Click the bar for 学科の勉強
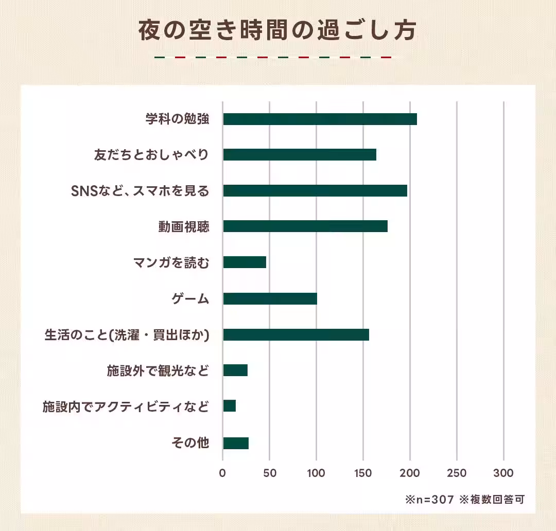pyautogui.click(x=320, y=119)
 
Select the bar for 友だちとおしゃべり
pyautogui.click(x=300, y=155)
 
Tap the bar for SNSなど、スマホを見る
pyautogui.click(x=315, y=190)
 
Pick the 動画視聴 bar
pyautogui.click(x=305, y=226)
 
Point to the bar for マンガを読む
pyautogui.click(x=245, y=262)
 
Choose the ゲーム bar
pyautogui.click(x=270, y=298)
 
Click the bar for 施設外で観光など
pyautogui.click(x=235, y=370)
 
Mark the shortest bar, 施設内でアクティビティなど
pyautogui.click(x=230, y=406)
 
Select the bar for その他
pyautogui.click(x=236, y=443)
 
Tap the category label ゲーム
pyautogui.click(x=190, y=299)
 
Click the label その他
pyautogui.click(x=190, y=443)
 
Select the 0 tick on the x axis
pyautogui.click(x=222, y=473)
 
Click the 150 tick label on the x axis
pyautogui.click(x=363, y=473)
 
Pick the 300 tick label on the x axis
pyautogui.click(x=503, y=473)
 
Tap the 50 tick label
pyautogui.click(x=269, y=473)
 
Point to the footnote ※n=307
pyautogui.click(x=430, y=500)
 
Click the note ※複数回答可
pyautogui.click(x=492, y=500)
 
